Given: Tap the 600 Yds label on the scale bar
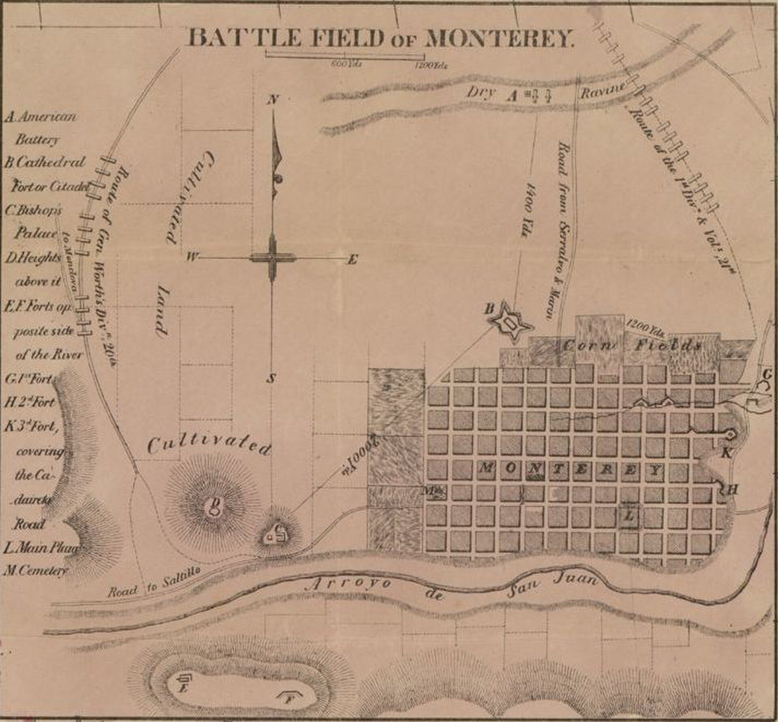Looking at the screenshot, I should point(346,64).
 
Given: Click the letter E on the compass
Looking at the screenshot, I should point(352,260).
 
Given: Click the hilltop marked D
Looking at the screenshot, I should point(213,507).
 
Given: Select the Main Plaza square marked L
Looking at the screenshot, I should point(630,515).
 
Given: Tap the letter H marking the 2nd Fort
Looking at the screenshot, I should point(731,490).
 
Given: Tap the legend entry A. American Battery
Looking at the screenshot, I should point(41,128).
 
